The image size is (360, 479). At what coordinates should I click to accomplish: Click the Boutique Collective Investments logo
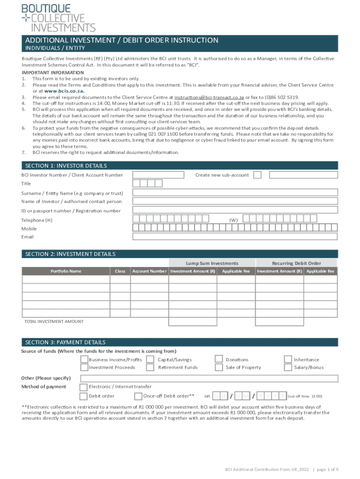[x=58, y=17]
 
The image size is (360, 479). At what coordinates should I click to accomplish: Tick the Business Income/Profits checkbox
[x=84, y=359]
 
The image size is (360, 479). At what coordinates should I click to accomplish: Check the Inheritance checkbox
[x=288, y=359]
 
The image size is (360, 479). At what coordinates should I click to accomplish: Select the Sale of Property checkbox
[x=218, y=367]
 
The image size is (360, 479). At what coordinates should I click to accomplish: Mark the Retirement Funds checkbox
[x=150, y=367]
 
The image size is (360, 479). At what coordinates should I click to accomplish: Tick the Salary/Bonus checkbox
[x=288, y=367]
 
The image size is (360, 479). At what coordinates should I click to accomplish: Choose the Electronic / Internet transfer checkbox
[x=84, y=387]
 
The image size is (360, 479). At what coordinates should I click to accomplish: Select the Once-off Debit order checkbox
[x=138, y=396]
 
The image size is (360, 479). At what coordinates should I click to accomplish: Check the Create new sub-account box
[x=257, y=175]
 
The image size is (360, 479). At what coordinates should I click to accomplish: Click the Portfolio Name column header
[x=66, y=271]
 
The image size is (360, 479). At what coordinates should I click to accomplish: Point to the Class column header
[x=120, y=271]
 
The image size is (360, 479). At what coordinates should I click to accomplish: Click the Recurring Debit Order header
[x=296, y=263]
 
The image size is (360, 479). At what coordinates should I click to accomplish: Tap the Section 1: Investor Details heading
[x=66, y=166]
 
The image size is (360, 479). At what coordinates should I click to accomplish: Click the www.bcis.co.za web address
[x=64, y=91]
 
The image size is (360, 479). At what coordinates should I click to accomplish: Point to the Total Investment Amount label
[x=54, y=321]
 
